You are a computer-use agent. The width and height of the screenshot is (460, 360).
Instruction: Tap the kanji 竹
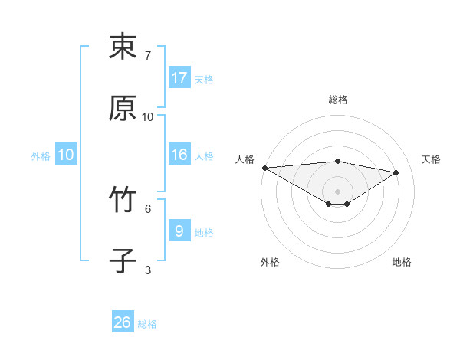tap(123, 201)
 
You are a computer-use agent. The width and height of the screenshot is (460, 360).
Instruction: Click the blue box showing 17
tap(179, 78)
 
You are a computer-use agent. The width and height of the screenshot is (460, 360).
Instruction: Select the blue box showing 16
tap(179, 155)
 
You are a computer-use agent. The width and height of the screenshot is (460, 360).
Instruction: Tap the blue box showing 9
tap(179, 231)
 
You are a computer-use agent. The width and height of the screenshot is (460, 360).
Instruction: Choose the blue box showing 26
tap(123, 322)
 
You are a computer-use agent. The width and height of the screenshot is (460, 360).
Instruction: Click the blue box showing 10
tap(66, 155)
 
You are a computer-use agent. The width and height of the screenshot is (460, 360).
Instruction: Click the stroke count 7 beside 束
tap(148, 56)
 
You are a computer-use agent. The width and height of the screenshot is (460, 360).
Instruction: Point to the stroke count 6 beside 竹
tap(148, 208)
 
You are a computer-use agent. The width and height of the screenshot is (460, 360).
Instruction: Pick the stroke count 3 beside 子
tap(148, 270)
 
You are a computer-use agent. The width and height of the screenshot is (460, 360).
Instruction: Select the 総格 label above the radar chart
tap(338, 100)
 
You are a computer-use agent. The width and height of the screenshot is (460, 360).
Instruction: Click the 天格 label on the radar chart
tap(431, 159)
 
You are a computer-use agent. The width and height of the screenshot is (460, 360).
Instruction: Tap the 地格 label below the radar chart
tap(402, 262)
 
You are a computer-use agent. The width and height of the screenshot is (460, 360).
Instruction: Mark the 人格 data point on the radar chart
tap(264, 167)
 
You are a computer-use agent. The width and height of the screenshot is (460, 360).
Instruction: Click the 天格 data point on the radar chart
tap(396, 172)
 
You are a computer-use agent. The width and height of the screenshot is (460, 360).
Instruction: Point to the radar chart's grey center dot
tap(338, 191)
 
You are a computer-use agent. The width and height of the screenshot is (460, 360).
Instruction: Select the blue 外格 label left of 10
tap(41, 155)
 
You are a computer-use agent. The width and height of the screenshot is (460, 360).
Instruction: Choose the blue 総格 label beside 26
tap(147, 324)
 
